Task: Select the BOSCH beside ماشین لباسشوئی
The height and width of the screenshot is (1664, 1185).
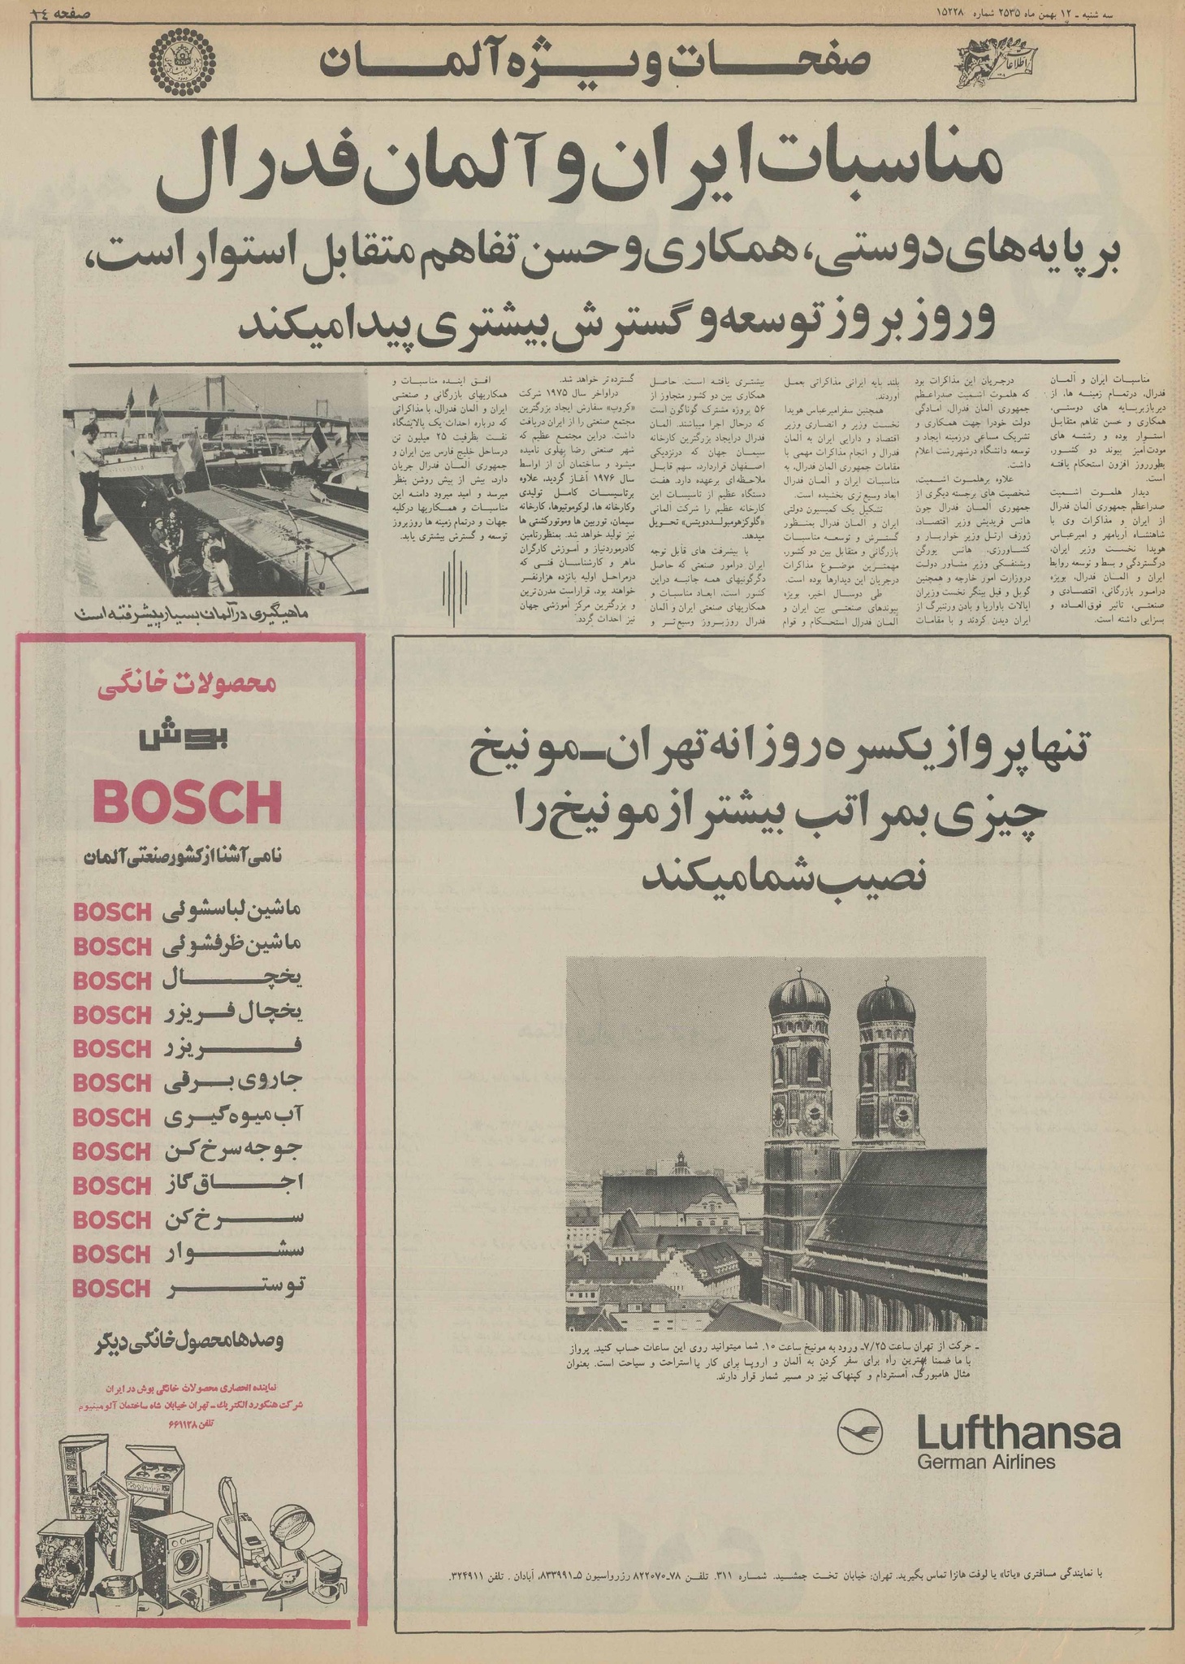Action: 112,912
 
